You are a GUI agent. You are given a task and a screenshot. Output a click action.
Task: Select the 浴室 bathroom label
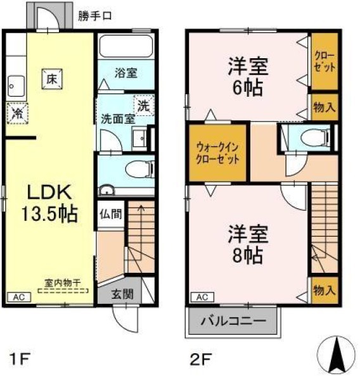pos(125,73)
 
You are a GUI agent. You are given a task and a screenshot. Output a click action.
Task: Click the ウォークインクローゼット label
pos(217,152)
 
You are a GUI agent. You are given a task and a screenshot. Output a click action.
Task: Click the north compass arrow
pos(337,352)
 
